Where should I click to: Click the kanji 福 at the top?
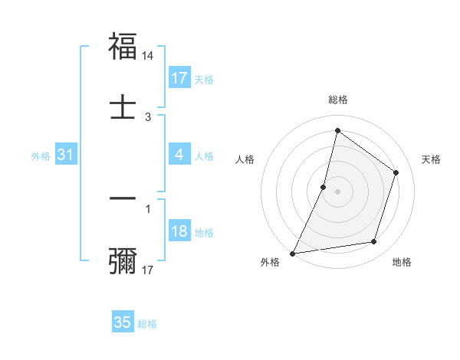[x=123, y=47]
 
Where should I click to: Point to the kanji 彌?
[x=123, y=260]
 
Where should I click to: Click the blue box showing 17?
[x=179, y=78]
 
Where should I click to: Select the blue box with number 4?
[x=179, y=155]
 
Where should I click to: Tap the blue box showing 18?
[x=179, y=232]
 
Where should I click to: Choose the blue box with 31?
[x=66, y=155]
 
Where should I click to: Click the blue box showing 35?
[x=123, y=322]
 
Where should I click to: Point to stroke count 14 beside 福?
[x=149, y=56]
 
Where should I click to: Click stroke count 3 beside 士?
[x=148, y=116]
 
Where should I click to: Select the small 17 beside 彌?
[x=149, y=270]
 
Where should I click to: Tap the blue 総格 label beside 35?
[x=147, y=324]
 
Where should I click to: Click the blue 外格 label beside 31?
[x=41, y=156]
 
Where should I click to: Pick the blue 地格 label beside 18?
[x=204, y=233]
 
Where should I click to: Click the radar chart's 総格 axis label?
[x=337, y=100]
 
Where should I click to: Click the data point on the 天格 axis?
[x=396, y=172]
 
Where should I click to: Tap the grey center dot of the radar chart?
[x=337, y=191]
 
